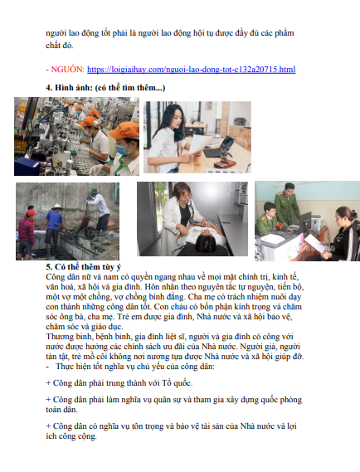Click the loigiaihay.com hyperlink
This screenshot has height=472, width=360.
tap(191, 70)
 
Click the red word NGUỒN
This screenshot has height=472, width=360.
tap(68, 69)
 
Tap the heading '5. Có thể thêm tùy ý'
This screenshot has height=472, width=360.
tap(84, 267)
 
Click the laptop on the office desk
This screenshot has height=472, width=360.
tap(219, 147)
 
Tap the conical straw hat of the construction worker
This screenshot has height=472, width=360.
tap(56, 207)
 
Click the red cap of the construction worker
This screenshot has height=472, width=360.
tap(31, 213)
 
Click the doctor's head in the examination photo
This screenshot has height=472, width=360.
tap(182, 192)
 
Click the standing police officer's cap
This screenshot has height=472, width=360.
tap(289, 185)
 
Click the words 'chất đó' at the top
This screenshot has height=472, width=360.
tap(59, 45)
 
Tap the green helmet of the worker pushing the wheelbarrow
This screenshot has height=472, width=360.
tap(92, 192)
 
